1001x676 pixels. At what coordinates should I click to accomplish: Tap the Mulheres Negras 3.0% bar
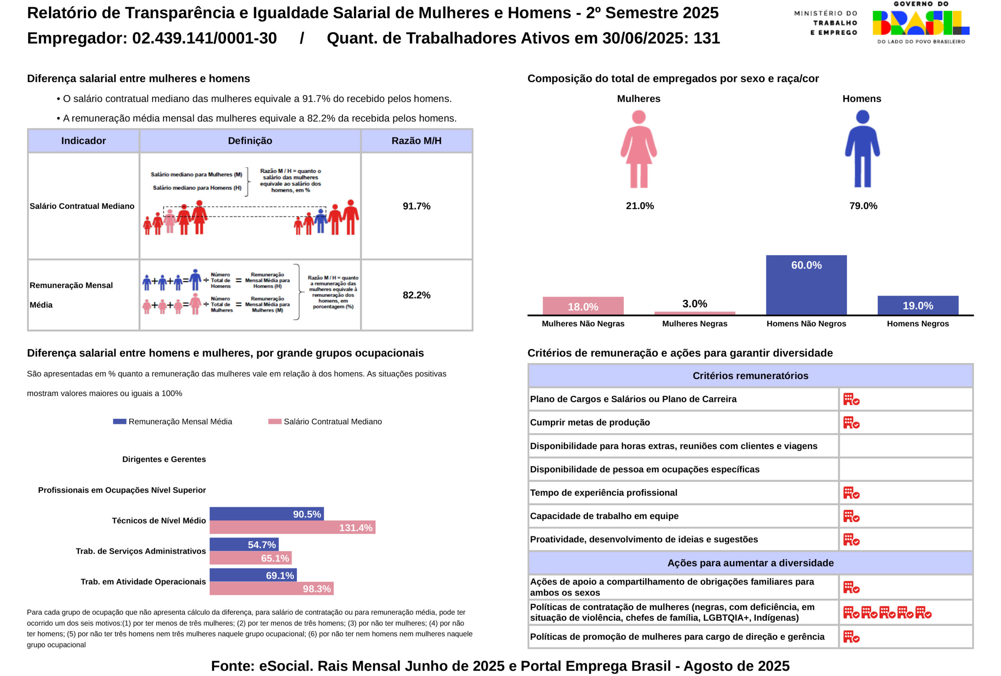click(x=694, y=313)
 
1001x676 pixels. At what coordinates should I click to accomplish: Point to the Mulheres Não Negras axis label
click(x=583, y=324)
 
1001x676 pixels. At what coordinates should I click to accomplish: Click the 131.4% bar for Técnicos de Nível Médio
click(x=292, y=527)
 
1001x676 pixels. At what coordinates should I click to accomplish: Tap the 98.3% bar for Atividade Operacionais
click(x=271, y=588)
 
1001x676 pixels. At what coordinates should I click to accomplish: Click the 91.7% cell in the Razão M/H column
click(x=416, y=206)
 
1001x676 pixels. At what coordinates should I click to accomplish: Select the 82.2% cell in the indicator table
click(x=416, y=295)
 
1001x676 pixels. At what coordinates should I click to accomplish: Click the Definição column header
click(x=250, y=141)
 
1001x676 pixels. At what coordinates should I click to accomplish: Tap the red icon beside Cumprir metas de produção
click(x=851, y=423)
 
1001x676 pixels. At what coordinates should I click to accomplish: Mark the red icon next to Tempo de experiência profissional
click(x=851, y=493)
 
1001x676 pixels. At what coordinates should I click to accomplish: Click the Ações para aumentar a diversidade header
click(x=750, y=563)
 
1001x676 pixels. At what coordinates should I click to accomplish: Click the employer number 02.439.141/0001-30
click(x=204, y=38)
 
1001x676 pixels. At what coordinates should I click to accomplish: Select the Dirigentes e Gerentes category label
click(x=164, y=459)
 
